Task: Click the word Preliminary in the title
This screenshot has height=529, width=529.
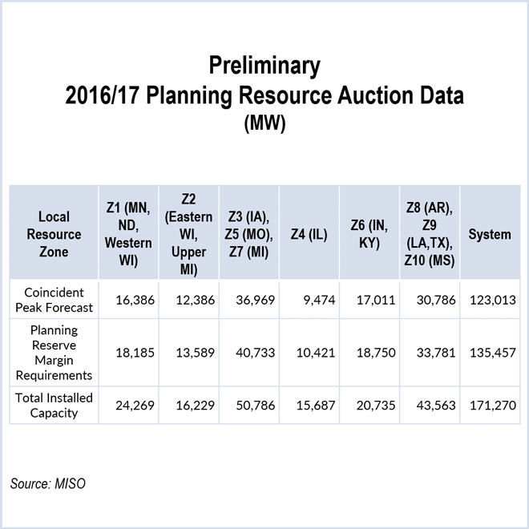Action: pyautogui.click(x=264, y=65)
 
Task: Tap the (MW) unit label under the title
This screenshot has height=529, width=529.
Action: pyautogui.click(x=264, y=124)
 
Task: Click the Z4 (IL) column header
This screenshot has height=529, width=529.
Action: pyautogui.click(x=309, y=234)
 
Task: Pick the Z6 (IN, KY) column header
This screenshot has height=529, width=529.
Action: pyautogui.click(x=370, y=234)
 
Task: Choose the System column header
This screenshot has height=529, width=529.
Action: pyautogui.click(x=489, y=234)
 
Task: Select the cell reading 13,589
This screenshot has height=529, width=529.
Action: pyautogui.click(x=192, y=353)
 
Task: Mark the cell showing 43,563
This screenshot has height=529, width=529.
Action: pyautogui.click(x=434, y=406)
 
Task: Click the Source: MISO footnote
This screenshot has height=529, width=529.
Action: pyautogui.click(x=48, y=483)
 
